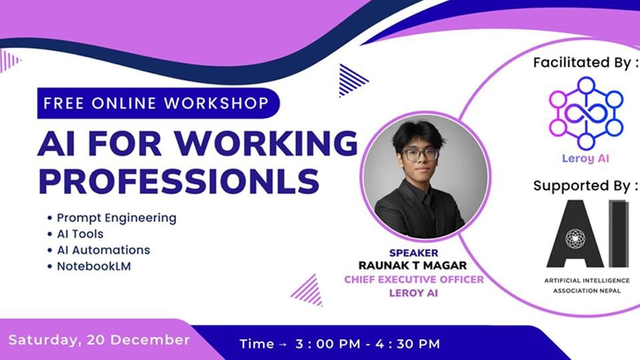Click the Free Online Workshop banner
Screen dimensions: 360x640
(155, 103)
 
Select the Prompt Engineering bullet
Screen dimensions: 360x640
(116, 218)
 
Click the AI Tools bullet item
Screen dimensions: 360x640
(79, 234)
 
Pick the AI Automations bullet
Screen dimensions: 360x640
(103, 250)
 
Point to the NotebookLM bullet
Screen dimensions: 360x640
(93, 267)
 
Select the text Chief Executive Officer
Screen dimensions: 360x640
(414, 279)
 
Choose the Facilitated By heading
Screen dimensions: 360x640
(585, 63)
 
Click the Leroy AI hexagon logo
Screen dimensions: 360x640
(586, 112)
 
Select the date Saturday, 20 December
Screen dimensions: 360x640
(99, 339)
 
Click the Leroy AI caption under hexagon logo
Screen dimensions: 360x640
(585, 159)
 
